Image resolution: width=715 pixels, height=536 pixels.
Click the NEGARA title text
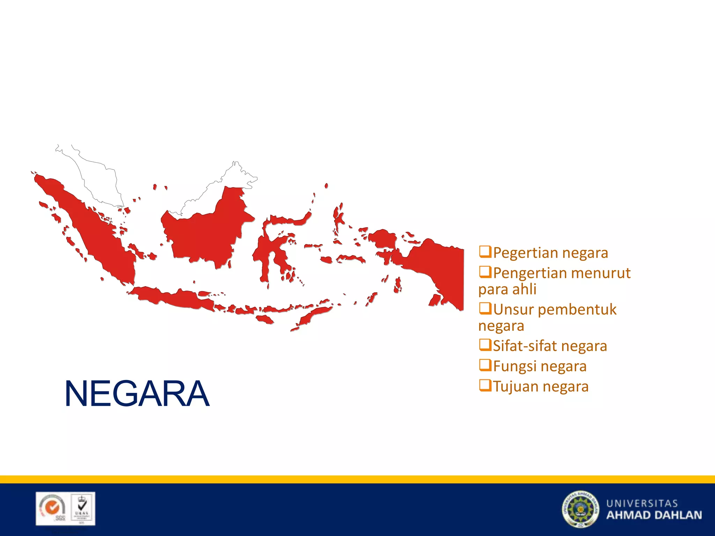coord(137,394)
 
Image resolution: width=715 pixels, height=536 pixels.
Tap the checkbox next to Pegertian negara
coord(485,251)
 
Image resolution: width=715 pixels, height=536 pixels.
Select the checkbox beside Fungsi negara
coord(485,365)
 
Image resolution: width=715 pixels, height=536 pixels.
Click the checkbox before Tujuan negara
coord(485,385)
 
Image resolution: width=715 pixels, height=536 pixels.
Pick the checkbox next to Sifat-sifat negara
coord(485,345)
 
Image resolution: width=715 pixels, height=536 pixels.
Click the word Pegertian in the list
coord(525,253)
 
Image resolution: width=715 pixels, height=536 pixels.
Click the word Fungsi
coord(515,366)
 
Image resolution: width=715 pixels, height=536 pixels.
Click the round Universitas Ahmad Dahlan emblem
coord(580,509)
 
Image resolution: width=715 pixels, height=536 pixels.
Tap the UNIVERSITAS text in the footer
coord(642,503)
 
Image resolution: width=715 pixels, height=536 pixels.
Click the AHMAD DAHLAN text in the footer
coord(654,515)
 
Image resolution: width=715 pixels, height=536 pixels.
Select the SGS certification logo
coord(53,508)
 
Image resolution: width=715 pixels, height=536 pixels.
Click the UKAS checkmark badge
coord(82,508)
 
